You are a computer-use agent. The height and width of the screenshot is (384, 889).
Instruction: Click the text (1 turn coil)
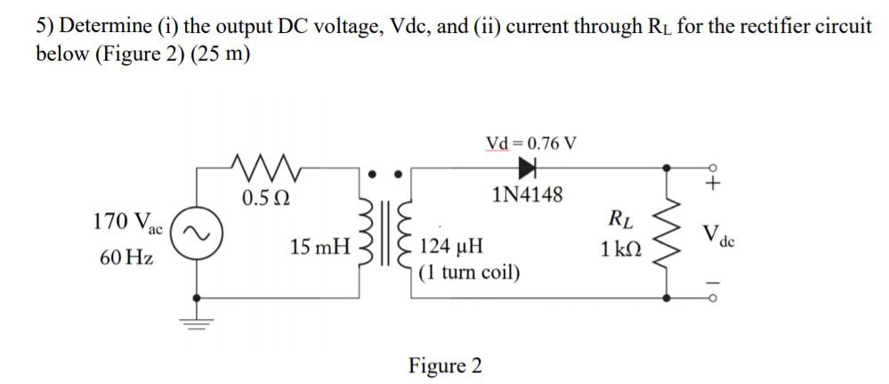pos(469,271)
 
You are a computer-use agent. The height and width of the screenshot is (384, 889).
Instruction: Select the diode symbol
pos(530,166)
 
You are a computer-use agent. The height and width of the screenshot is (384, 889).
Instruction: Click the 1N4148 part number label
pos(528,195)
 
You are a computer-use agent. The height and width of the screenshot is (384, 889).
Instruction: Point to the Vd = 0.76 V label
pos(530,142)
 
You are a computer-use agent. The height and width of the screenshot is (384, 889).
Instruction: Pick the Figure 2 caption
pos(445,365)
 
